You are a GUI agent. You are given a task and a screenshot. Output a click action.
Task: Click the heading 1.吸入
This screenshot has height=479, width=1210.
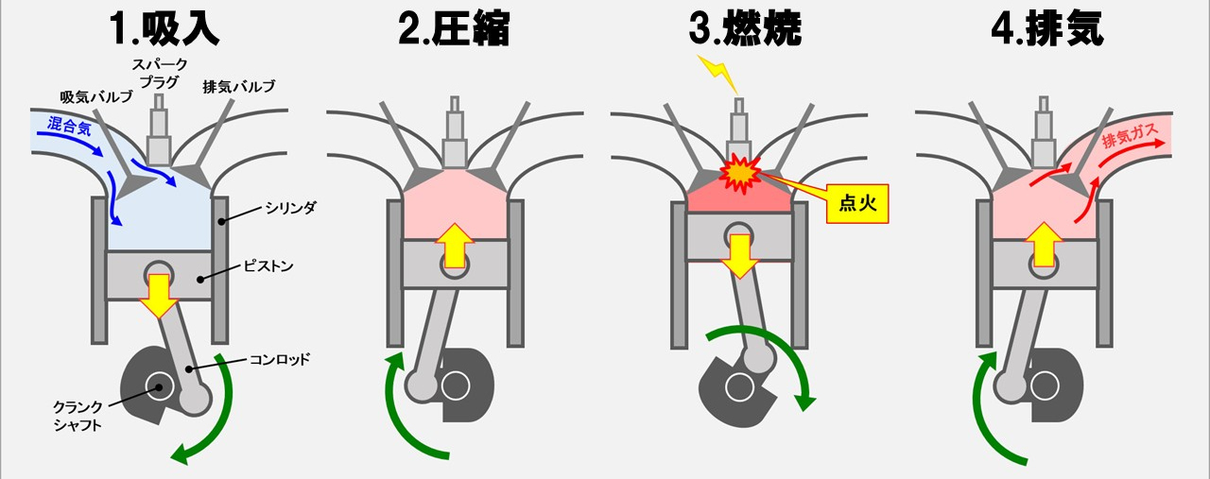[x=163, y=29]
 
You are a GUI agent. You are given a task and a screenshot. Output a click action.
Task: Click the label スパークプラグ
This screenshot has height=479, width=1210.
[x=159, y=72]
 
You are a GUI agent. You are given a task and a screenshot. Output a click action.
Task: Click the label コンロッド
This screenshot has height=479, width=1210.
[x=283, y=358]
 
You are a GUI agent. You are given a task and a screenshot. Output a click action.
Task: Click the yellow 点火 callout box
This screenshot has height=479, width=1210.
[x=858, y=202]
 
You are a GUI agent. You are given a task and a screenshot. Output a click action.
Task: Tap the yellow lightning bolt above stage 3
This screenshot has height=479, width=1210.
[x=716, y=68]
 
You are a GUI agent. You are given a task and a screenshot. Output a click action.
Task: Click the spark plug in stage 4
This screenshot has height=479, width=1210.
[x=1043, y=132]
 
